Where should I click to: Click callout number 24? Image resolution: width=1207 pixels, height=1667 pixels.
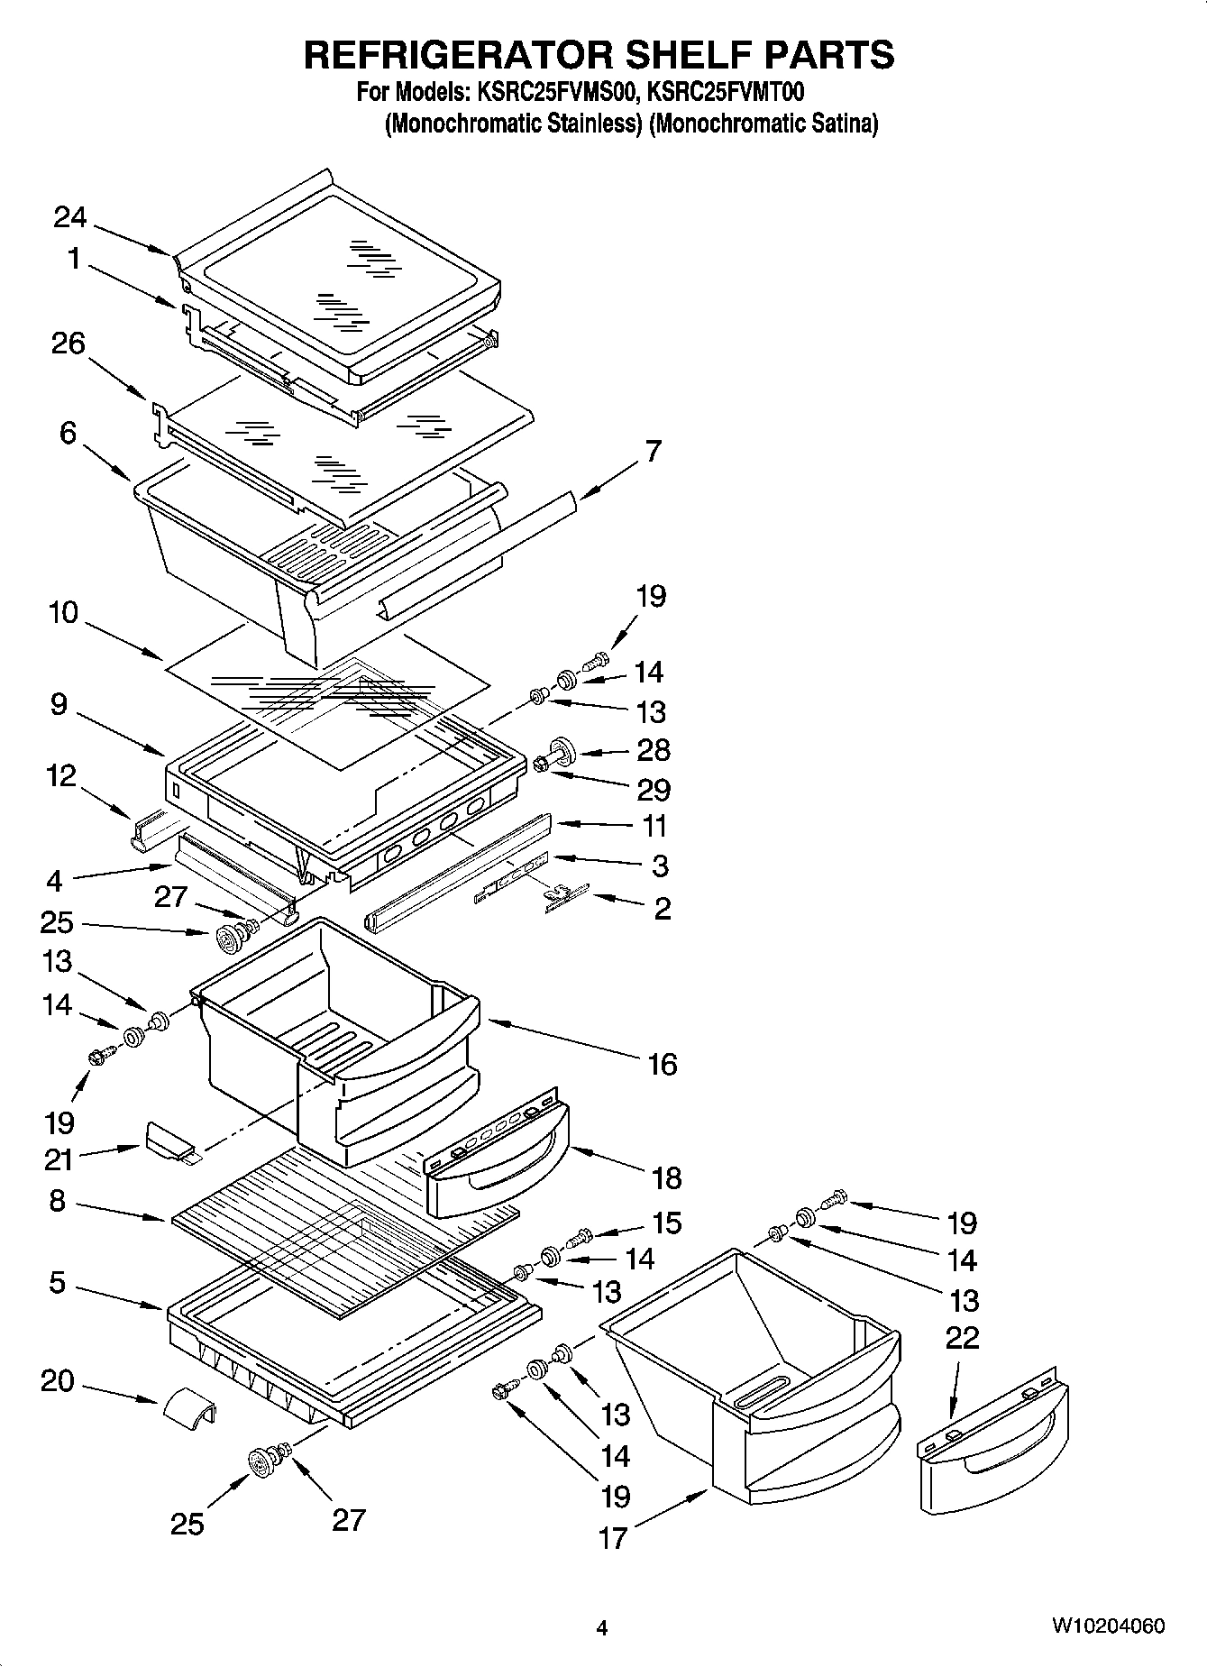point(70,217)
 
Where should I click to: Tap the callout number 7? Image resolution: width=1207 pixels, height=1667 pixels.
point(653,451)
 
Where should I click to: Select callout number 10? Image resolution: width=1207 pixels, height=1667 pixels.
point(63,613)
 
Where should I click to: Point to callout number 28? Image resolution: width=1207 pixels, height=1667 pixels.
point(654,750)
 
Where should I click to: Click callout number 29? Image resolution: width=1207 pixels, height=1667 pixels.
point(654,790)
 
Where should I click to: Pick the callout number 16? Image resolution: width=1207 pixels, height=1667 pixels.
point(662,1064)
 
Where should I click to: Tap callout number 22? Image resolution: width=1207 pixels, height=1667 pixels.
point(962,1337)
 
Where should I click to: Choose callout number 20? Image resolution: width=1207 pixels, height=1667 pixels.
point(57,1380)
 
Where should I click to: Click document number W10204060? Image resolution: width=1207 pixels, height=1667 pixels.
point(1107,1626)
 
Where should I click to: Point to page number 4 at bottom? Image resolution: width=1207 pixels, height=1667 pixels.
point(602,1628)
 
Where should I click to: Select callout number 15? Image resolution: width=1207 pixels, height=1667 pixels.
point(667,1223)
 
